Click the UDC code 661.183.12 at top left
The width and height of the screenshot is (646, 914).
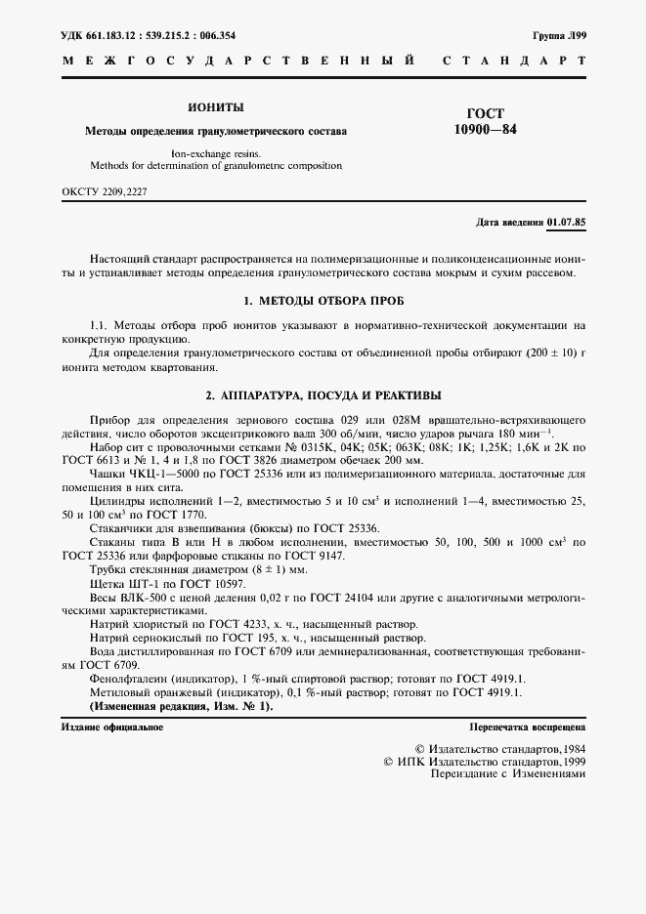click(105, 34)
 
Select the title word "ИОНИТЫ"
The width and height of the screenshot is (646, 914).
click(215, 107)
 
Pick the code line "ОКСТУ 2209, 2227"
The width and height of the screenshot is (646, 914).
click(104, 192)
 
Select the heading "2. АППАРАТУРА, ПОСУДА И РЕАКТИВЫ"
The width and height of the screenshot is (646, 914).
click(323, 395)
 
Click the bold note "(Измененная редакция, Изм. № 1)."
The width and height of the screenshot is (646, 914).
click(182, 705)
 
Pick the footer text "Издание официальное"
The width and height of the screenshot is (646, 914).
click(112, 727)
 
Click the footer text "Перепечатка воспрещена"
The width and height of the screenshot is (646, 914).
click(527, 727)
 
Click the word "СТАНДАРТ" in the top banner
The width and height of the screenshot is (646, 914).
click(514, 61)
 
